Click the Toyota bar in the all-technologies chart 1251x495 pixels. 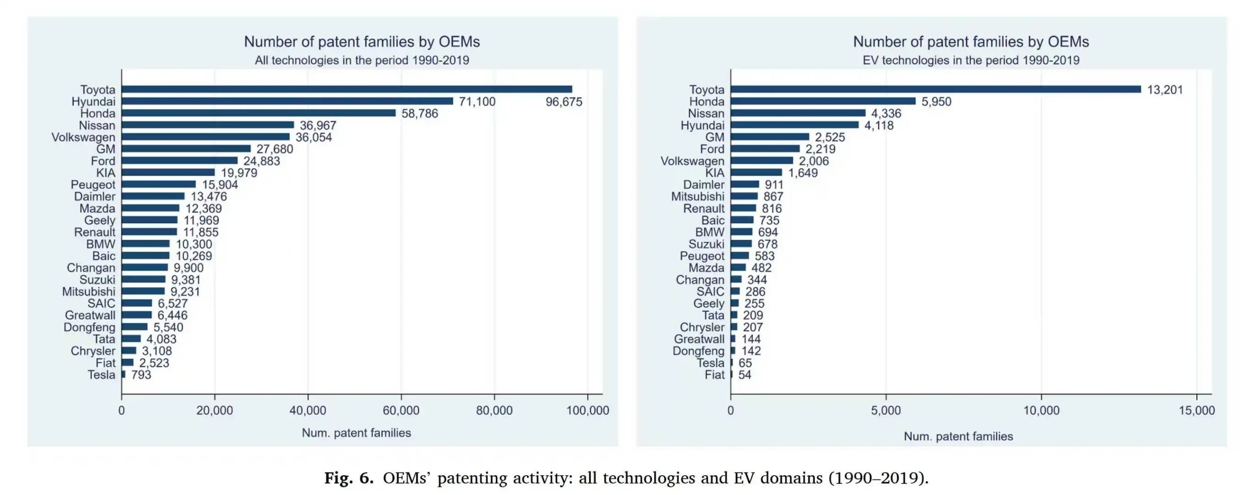tap(347, 89)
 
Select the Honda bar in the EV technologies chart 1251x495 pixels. tap(823, 101)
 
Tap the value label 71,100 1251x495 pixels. tap(477, 102)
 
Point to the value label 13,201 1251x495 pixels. tap(1164, 90)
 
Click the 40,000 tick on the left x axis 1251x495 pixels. tap(308, 411)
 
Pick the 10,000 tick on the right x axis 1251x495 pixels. tap(1041, 411)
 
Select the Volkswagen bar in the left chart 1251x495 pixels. tap(205, 137)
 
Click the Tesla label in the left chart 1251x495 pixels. tap(101, 374)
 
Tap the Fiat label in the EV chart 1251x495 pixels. tap(714, 374)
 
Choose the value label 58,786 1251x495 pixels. tap(420, 114)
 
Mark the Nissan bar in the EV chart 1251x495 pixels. tap(797, 113)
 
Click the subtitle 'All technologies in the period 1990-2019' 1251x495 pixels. tap(362, 60)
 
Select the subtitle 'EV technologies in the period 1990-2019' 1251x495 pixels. tap(971, 60)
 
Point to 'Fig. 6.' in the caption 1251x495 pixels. tap(349, 478)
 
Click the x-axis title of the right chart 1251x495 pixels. tap(958, 436)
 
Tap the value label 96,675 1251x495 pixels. tap(563, 102)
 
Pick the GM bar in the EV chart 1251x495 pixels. tap(770, 137)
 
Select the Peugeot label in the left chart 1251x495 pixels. tap(93, 185)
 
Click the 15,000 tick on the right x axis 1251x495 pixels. tap(1196, 411)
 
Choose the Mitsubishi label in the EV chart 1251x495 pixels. tap(697, 196)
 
